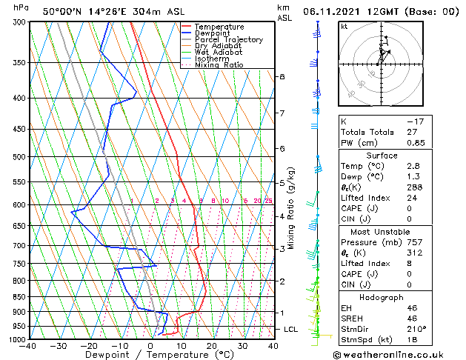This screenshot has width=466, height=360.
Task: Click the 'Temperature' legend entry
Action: click(x=220, y=27)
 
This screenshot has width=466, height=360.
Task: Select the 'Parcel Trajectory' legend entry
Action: click(x=228, y=39)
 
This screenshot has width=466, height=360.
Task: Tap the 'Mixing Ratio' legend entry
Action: click(x=219, y=65)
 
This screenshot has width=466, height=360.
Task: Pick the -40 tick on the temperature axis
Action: click(x=28, y=346)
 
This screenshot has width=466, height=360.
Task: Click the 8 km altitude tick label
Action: click(x=282, y=77)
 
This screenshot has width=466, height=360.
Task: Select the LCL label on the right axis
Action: click(x=292, y=329)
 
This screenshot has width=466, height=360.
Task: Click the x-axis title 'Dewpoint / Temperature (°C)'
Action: click(x=151, y=355)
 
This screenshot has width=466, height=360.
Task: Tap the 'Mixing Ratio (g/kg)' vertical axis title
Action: click(x=291, y=208)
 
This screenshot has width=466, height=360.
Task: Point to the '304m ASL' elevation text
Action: click(x=141, y=12)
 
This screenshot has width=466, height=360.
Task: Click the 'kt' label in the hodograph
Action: click(x=344, y=27)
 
